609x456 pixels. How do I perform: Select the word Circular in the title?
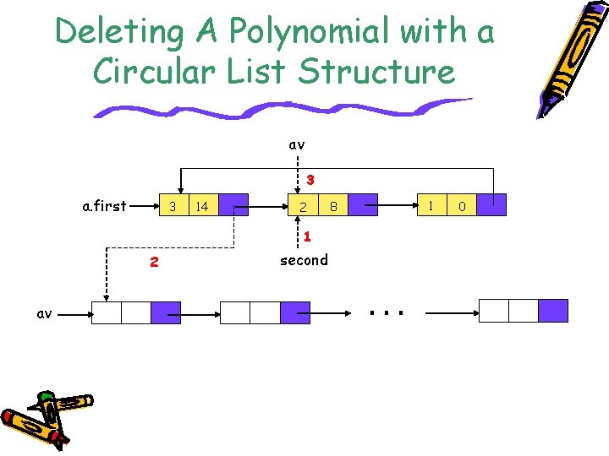coord(149,72)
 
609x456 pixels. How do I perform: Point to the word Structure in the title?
coord(376,72)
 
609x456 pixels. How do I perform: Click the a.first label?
coord(104,205)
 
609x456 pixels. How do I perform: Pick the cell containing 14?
coord(202,206)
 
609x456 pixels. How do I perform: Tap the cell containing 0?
coord(462,206)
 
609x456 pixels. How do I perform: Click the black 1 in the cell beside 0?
coord(431,205)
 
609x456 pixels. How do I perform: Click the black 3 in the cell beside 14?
coord(172,206)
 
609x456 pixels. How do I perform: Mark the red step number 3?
coord(310,180)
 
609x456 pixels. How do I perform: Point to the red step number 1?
coord(308,237)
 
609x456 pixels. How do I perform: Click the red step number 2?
coord(153,262)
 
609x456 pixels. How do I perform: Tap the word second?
coord(304,260)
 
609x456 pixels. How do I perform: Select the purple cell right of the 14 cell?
coord(233,206)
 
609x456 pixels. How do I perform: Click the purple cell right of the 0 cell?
coord(491,206)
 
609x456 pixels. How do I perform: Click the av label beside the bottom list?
coord(44,313)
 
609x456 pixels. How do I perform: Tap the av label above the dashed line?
coord(296,144)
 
